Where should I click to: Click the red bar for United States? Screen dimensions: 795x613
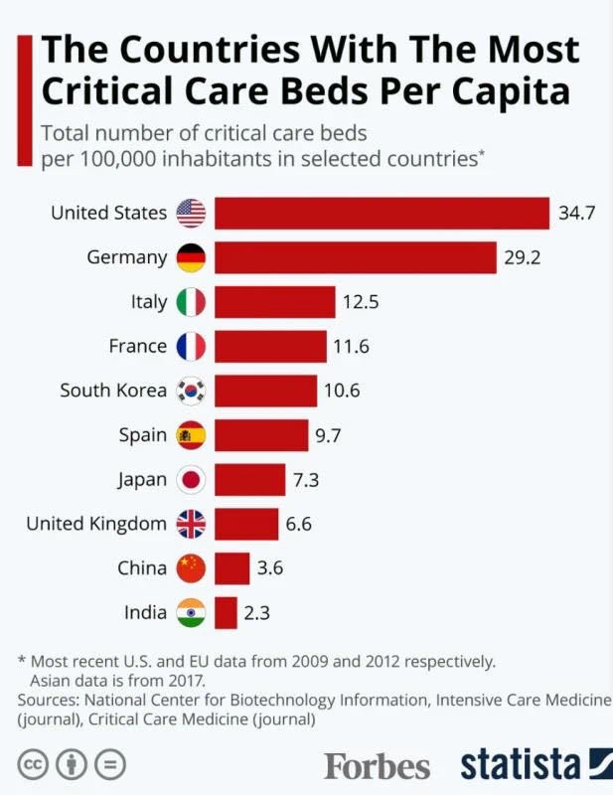(382, 213)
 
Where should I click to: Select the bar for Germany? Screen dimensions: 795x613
(355, 257)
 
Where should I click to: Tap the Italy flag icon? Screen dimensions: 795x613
(191, 302)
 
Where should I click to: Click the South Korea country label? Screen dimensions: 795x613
(113, 391)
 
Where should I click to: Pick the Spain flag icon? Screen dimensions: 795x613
(191, 435)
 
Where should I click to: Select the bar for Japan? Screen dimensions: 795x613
(249, 479)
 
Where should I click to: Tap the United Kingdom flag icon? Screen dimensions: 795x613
(191, 524)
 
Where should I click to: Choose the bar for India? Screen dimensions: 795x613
(226, 612)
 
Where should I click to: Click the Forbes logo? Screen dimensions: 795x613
(377, 766)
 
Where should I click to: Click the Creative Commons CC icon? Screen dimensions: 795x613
(36, 765)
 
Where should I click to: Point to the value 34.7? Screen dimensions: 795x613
(576, 213)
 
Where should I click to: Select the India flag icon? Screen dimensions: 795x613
(191, 612)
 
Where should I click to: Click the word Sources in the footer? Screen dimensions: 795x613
(49, 701)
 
